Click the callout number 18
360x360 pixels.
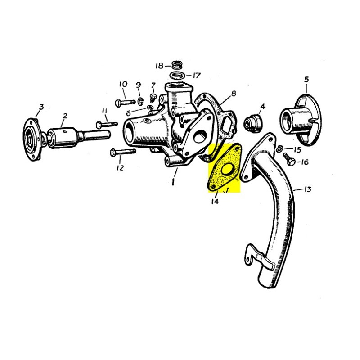point(159,66)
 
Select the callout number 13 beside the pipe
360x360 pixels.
point(307,189)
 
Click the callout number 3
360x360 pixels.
point(41,107)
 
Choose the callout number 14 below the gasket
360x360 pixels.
point(214,202)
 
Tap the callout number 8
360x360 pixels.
point(234,94)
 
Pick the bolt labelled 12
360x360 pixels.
point(121,153)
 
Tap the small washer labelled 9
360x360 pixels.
point(139,99)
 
